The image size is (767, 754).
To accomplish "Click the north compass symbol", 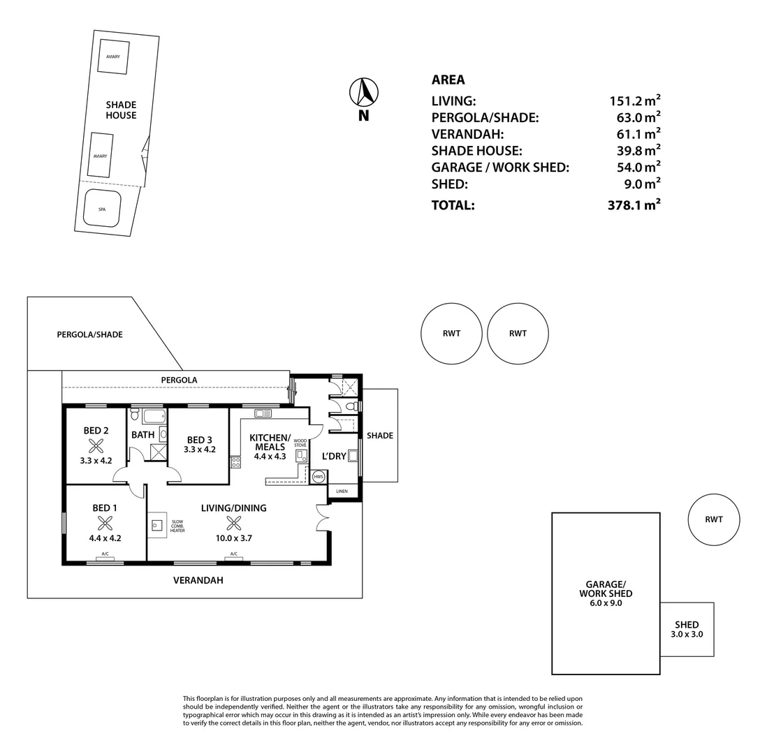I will [x=363, y=92].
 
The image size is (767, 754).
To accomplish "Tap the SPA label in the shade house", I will [x=102, y=209].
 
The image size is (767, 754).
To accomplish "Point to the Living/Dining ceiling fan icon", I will [x=234, y=523].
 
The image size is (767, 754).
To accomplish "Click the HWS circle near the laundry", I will [x=319, y=477].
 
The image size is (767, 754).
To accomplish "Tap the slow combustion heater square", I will [x=156, y=526].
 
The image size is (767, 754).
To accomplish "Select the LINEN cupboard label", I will [x=342, y=491].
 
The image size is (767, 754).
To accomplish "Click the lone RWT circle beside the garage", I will [x=713, y=519].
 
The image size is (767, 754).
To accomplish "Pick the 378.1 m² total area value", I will [x=634, y=205].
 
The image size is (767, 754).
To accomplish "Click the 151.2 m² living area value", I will [x=634, y=101].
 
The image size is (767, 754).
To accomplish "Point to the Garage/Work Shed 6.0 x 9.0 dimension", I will [x=605, y=603].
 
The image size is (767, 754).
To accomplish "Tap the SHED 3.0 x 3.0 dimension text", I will [x=687, y=635].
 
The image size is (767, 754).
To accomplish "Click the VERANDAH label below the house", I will [x=198, y=580].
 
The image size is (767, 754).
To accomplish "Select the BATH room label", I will [x=143, y=435].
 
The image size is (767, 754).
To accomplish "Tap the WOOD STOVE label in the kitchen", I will [x=300, y=443].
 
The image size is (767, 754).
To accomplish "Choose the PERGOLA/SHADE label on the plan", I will [x=89, y=334].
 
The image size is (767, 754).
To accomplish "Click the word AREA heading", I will [x=448, y=80].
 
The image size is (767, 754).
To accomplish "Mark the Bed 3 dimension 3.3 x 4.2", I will [x=199, y=450].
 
